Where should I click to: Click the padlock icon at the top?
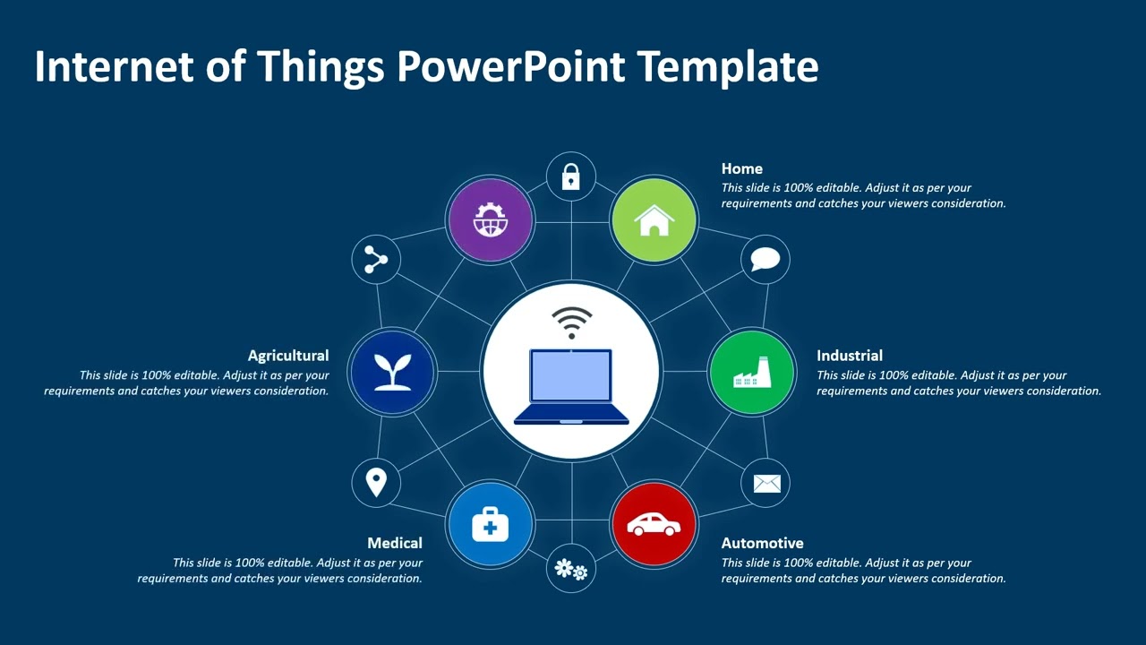pos(571,176)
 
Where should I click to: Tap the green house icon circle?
pos(654,220)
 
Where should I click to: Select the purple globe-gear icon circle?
pos(490,220)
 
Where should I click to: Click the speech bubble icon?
pos(765,260)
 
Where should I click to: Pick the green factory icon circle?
pos(752,372)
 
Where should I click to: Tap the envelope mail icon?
pos(766,484)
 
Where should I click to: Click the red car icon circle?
pos(654,524)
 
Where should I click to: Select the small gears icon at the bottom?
pos(571,569)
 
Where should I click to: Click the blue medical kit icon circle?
pos(490,524)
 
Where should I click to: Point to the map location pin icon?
pos(376,483)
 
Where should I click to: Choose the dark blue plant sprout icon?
pos(392,372)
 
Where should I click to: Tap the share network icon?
pos(376,260)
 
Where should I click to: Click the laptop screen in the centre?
pos(571,376)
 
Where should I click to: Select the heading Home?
pos(742,168)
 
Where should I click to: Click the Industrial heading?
pos(850,356)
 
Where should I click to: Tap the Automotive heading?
pos(763,543)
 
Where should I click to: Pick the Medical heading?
pos(395,543)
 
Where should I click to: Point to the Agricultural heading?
pos(288,356)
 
